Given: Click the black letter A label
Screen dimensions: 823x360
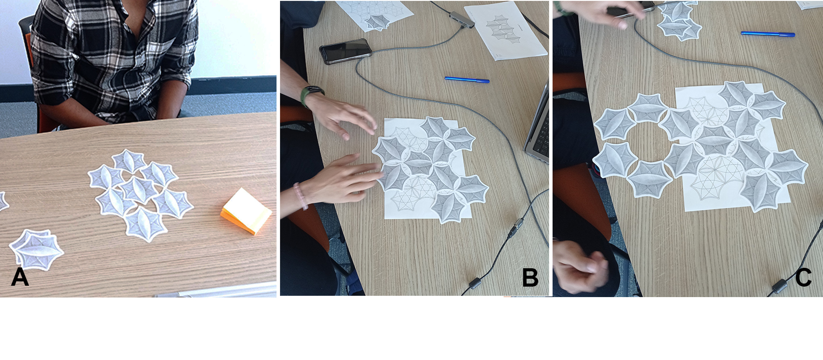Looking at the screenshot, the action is click(20, 277).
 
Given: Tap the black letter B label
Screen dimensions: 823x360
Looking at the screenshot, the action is click(530, 277).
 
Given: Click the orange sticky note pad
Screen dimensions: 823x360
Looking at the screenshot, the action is click(246, 211).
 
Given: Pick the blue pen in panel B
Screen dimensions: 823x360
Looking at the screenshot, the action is click(467, 80).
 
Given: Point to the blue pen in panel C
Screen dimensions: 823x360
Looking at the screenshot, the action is click(768, 34).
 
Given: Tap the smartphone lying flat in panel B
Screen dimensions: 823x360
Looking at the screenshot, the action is click(345, 51).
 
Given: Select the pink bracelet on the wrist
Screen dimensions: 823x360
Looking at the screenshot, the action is click(300, 195).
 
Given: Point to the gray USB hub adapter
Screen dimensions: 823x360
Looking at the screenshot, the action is click(462, 19).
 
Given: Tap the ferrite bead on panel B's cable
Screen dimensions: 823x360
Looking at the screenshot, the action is click(475, 283).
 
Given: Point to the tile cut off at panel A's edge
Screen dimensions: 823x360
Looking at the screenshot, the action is click(3, 201).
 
